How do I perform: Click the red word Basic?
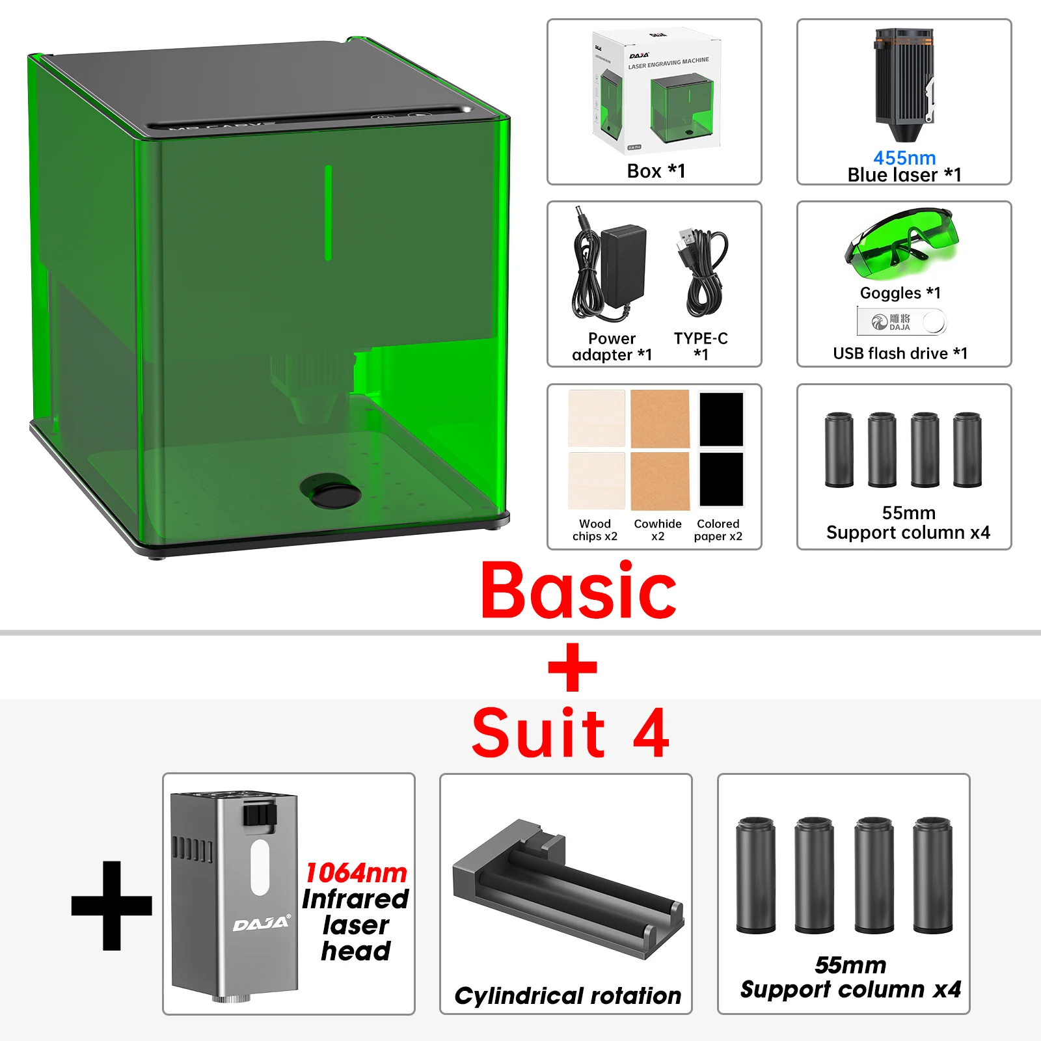click(x=578, y=591)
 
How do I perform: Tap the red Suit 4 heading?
click(x=570, y=733)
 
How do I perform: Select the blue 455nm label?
click(x=904, y=157)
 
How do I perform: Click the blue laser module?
click(x=904, y=85)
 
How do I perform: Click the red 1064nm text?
click(x=356, y=872)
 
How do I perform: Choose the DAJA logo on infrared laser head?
click(x=262, y=924)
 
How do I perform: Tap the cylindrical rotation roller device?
click(x=568, y=891)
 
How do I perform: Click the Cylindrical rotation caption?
click(x=567, y=995)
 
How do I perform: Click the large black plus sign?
click(x=112, y=905)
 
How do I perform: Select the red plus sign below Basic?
click(x=573, y=668)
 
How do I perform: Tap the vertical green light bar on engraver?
click(x=328, y=213)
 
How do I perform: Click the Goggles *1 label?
click(x=900, y=293)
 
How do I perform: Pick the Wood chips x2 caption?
click(x=595, y=530)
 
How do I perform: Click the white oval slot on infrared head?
click(x=260, y=867)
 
